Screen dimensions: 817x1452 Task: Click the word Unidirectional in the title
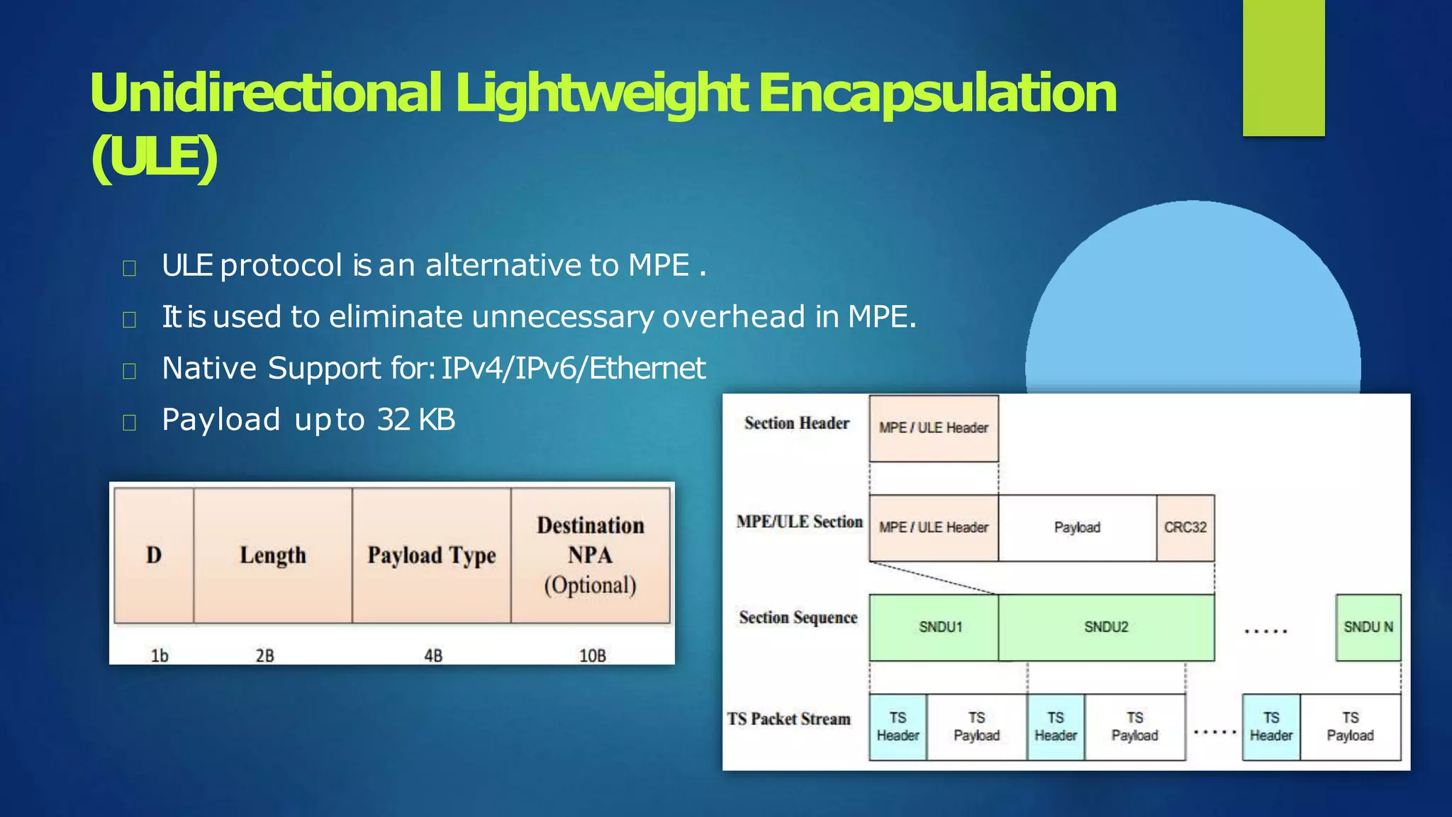coord(266,93)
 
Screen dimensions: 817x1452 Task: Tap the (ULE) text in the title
coord(154,157)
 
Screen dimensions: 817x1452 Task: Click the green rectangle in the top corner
coord(1283,67)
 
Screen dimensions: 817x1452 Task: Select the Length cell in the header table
coord(273,555)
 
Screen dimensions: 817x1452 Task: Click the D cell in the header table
coord(154,555)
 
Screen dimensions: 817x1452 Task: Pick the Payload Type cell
coord(431,555)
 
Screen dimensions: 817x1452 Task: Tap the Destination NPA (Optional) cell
coord(590,555)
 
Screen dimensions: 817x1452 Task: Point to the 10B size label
coord(593,655)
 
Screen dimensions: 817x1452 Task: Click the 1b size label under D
coord(160,655)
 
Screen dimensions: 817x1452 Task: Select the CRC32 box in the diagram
coord(1185,528)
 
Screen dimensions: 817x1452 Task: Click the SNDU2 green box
coord(1106,627)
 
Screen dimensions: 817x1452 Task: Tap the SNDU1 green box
coord(940,627)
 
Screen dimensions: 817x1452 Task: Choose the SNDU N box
coord(1368,627)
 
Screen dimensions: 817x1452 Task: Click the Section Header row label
coord(796,423)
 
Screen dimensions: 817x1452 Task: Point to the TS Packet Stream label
coord(788,719)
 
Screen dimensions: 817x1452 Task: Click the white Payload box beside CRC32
coord(1077,528)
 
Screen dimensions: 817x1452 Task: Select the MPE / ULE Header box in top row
coord(933,428)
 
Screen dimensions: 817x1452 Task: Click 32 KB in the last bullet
coord(416,419)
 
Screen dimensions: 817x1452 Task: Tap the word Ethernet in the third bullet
coord(647,368)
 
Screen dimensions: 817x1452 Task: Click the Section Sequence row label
coord(798,618)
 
